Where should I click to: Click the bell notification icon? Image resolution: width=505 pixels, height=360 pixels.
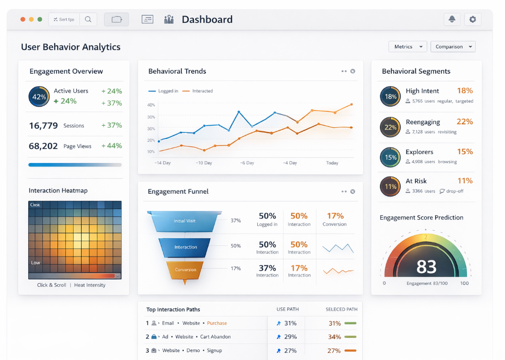[452, 19]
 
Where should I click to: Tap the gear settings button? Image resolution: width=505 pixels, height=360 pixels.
[472, 19]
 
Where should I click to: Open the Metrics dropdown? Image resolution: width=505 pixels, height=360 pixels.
[408, 46]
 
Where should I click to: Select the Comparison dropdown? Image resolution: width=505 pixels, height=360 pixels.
[453, 46]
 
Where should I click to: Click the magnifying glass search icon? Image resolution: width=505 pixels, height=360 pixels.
[88, 19]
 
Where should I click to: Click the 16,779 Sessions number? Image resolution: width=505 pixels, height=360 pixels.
[43, 126]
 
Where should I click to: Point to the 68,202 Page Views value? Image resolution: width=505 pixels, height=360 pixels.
[43, 146]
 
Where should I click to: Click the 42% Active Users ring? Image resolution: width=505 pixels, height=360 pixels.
[39, 96]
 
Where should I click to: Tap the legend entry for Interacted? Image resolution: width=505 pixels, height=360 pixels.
[202, 91]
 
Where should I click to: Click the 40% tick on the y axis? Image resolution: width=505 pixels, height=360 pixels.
[151, 105]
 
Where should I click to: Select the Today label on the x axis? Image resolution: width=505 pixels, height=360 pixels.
[332, 163]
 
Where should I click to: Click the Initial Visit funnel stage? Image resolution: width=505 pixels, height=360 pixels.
[185, 221]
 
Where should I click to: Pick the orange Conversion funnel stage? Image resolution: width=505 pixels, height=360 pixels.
[185, 270]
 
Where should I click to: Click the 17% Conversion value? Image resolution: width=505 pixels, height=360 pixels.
[335, 216]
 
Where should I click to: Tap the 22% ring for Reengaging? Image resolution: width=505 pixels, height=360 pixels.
[390, 127]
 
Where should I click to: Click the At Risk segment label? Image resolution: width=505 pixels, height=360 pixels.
[416, 181]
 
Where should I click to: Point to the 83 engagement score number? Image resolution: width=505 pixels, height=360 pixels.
[426, 266]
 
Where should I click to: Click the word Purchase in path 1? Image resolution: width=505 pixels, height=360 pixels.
[217, 323]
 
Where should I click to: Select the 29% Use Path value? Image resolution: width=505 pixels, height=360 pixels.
[290, 337]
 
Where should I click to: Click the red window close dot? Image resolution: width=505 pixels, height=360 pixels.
[23, 19]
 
